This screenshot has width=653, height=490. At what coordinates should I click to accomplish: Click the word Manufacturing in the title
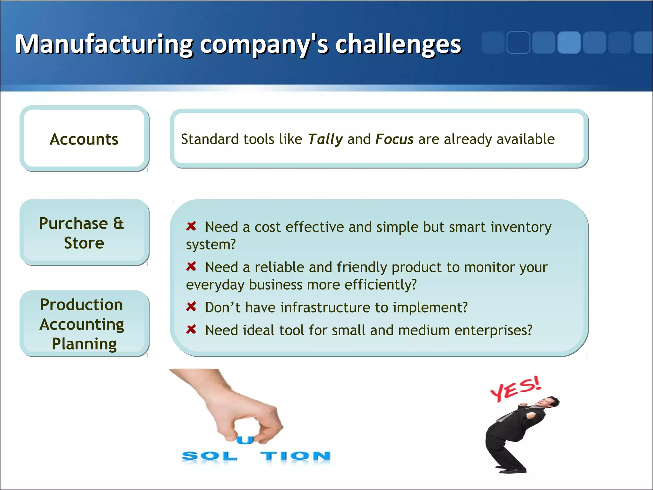click(x=104, y=44)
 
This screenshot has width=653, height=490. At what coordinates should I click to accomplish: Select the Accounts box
click(x=84, y=139)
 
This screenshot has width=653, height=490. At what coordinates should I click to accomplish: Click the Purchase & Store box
click(x=84, y=233)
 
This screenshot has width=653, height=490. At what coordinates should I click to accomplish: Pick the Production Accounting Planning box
click(x=84, y=324)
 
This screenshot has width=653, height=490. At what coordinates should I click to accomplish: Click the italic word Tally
click(x=325, y=139)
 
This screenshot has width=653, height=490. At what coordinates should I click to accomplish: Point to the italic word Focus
click(x=394, y=139)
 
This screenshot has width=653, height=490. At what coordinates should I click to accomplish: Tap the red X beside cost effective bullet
click(x=191, y=226)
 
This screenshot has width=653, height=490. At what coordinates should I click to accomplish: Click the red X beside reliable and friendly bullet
click(x=191, y=266)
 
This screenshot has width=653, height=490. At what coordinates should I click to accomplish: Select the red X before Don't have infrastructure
click(x=191, y=307)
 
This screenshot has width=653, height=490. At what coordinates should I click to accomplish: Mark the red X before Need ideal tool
click(x=191, y=329)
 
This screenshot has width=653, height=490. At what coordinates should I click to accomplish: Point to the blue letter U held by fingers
click(x=245, y=440)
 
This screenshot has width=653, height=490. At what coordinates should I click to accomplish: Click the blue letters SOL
click(x=209, y=456)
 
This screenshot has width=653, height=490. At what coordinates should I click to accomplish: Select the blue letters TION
click(x=295, y=456)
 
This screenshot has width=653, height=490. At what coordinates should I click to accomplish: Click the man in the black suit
click(x=517, y=434)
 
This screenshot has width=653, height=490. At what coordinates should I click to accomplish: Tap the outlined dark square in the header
click(x=518, y=42)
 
